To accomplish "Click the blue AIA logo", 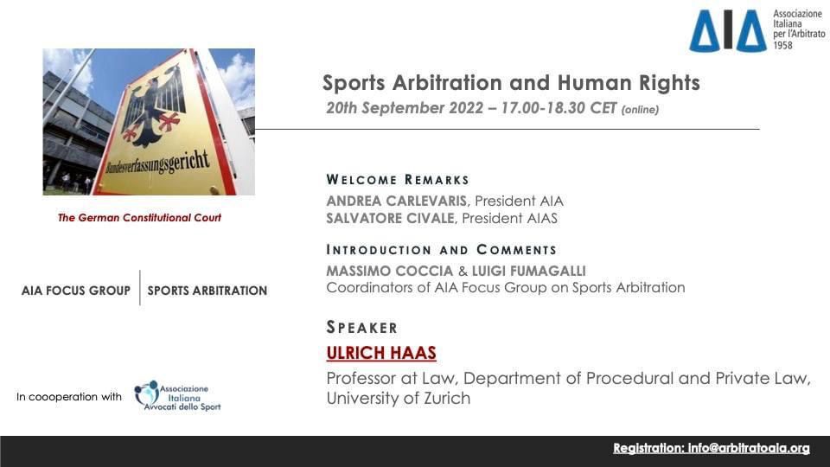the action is pos(728,31).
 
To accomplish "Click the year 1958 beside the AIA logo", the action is pos(783,46).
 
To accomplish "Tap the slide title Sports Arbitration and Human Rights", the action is pos(511,83).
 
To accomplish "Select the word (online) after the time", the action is pos(640,110).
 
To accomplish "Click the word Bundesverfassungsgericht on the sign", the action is pos(157,163).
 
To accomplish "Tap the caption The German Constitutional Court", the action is pos(139,218).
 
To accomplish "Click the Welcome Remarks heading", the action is pos(398,180).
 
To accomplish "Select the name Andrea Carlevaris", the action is pos(397,202).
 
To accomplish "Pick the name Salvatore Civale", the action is pos(390,218).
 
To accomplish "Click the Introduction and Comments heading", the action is pos(442,249).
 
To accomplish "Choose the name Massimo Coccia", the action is pos(390,271).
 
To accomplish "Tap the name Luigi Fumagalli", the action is pos(529,271).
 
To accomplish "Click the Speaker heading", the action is pos(361,327).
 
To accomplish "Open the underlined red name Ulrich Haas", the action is pos(381,353).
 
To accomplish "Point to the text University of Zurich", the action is pos(398,398).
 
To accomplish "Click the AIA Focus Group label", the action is pos(76,291).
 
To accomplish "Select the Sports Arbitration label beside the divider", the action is pos(207,291).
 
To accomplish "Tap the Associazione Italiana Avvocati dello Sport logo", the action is pos(177,396).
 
